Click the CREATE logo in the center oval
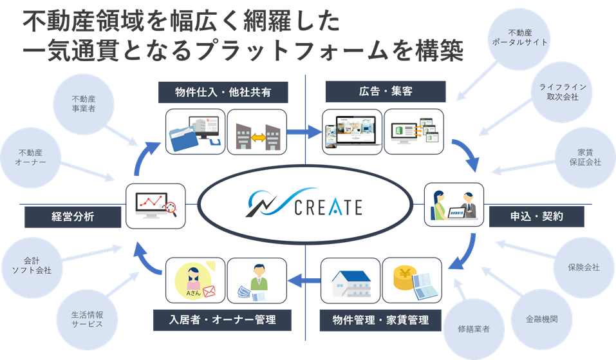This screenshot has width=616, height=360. click(x=304, y=206)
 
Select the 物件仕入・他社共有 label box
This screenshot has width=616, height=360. click(x=223, y=93)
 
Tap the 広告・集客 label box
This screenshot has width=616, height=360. click(x=385, y=92)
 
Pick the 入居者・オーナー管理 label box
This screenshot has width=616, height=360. click(x=223, y=319)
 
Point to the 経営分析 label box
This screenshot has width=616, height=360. click(x=73, y=217)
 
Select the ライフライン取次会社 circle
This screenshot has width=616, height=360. click(x=558, y=92)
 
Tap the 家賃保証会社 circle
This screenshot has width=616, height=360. click(x=580, y=158)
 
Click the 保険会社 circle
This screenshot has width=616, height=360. click(x=583, y=267)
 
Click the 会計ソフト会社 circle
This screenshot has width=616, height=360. click(x=33, y=266)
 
